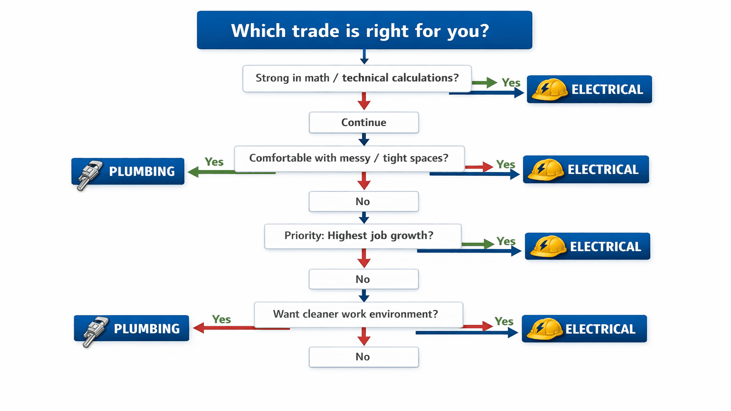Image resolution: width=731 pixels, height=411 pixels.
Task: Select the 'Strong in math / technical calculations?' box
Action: pos(357,79)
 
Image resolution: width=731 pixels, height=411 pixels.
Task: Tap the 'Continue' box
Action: pos(364,122)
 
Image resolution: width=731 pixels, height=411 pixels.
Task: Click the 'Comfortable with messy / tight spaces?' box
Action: pos(349,158)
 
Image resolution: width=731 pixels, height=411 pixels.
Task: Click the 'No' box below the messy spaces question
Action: pos(364,201)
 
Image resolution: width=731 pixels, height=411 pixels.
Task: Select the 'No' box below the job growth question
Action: pos(364,279)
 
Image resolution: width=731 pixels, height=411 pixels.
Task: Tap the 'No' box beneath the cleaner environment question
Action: pos(364,357)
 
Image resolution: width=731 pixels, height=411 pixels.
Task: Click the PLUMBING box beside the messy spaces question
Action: pos(128,171)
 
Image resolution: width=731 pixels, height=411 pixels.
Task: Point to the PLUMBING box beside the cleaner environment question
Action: pos(132,328)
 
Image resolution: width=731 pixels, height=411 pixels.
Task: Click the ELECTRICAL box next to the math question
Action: pos(589,89)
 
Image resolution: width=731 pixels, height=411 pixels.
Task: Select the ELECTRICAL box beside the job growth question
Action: pos(587,246)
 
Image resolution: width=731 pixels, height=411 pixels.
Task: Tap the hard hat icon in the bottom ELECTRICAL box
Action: pos(545,329)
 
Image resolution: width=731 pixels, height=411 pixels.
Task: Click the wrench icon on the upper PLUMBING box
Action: pos(89,174)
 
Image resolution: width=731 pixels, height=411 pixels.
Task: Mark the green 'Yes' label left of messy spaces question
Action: pos(214,162)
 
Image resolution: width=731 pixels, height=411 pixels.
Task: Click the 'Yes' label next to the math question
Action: pos(511,83)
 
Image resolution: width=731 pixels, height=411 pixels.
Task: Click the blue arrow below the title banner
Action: pos(364,57)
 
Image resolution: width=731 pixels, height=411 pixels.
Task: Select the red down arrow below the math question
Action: pos(364,101)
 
